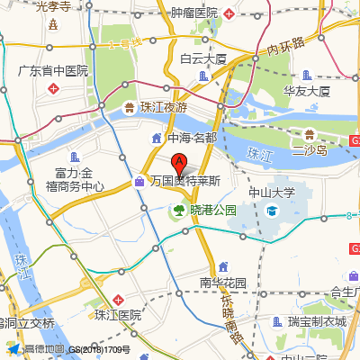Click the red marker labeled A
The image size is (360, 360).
tap(179, 165)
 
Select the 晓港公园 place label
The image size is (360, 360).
tap(212, 210)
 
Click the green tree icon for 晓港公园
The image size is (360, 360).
tap(178, 211)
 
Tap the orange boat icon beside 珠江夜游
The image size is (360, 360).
tap(128, 107)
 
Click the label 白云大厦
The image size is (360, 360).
tap(202, 58)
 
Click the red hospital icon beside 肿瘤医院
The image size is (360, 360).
tap(230, 13)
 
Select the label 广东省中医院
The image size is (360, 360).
tap(54, 70)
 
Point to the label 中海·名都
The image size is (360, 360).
tap(192, 138)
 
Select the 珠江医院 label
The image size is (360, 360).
tap(118, 315)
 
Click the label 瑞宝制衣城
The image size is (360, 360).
tap(317, 321)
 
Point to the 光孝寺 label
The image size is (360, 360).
tap(54, 6)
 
